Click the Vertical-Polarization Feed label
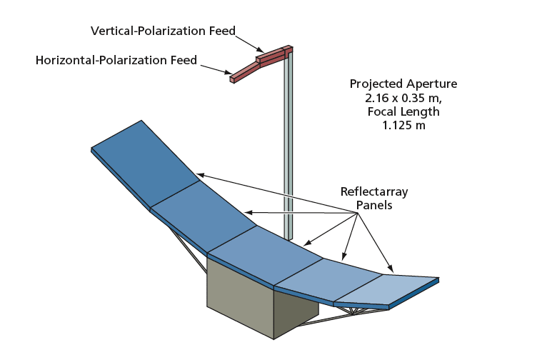[x=163, y=31]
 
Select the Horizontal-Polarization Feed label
[x=116, y=60]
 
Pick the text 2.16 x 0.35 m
[x=403, y=97]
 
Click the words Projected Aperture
[x=403, y=84]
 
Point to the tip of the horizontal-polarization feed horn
[x=232, y=79]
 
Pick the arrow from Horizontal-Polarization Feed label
[x=214, y=69]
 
